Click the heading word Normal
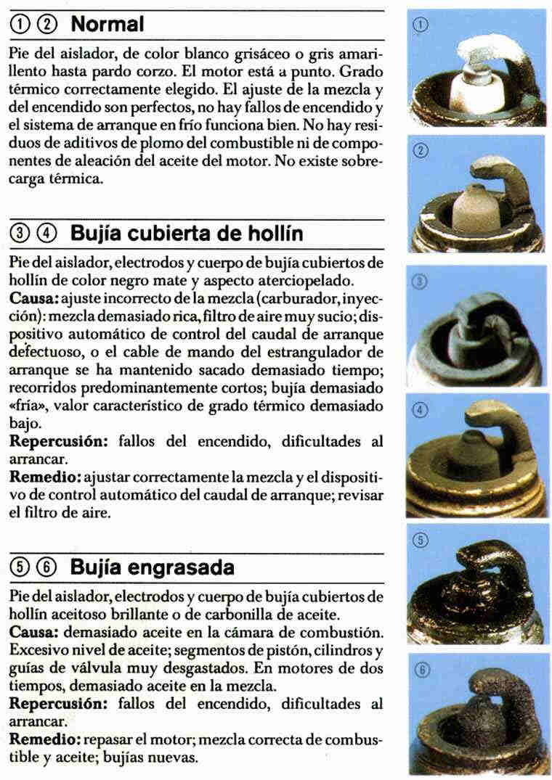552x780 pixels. (x=107, y=25)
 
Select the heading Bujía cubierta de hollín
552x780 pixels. (x=187, y=234)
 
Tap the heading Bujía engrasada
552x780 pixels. (x=152, y=567)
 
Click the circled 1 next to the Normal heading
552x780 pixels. (x=19, y=25)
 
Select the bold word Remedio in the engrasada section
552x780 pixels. (x=45, y=739)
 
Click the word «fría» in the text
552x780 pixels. (x=28, y=406)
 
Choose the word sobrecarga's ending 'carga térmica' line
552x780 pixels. (x=56, y=179)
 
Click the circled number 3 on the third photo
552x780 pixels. (x=420, y=282)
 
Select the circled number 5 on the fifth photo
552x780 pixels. (x=421, y=539)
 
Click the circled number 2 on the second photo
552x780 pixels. (x=421, y=151)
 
